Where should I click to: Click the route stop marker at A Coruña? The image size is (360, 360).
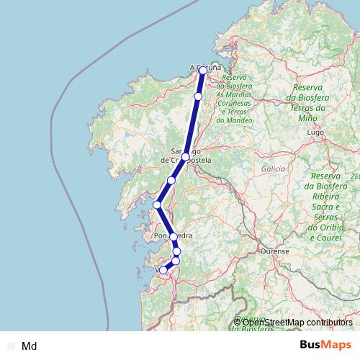coord(203,70)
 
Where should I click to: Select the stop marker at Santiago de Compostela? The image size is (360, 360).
coord(185,157)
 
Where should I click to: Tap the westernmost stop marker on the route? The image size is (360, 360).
coord(157,204)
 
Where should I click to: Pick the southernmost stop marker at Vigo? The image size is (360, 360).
coord(163,270)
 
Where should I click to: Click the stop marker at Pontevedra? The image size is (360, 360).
coord(174,237)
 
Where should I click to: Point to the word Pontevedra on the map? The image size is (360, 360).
coord(173,235)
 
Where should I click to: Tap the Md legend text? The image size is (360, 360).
coord(30,346)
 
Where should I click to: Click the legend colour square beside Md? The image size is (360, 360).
coord(10,346)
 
